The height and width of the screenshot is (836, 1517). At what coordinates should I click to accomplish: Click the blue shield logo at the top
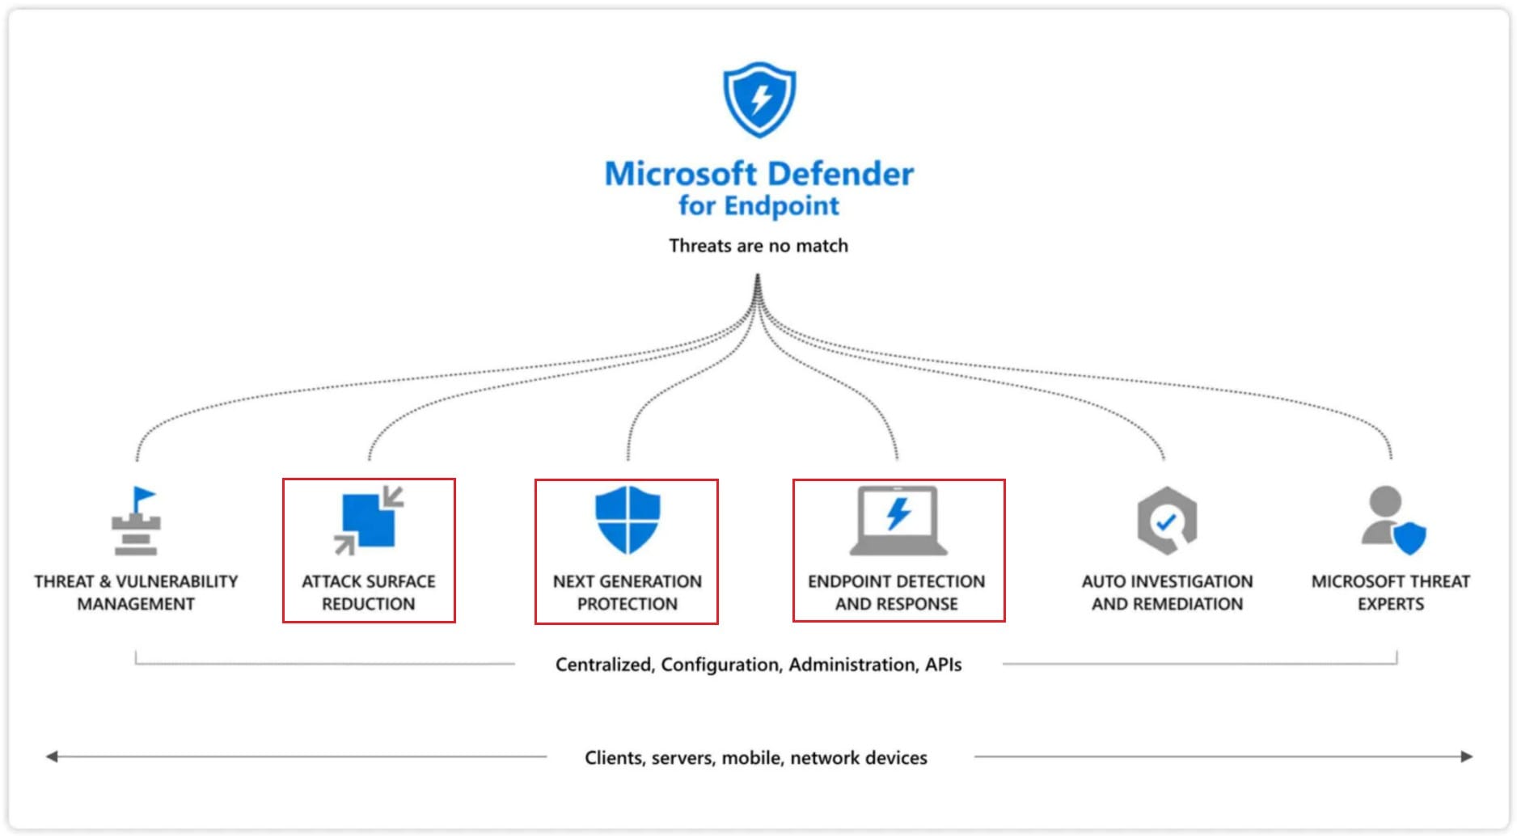pyautogui.click(x=758, y=99)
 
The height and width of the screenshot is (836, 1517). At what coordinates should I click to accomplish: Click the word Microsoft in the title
pyautogui.click(x=680, y=174)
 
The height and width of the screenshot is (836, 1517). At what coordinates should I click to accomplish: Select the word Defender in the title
pyautogui.click(x=840, y=174)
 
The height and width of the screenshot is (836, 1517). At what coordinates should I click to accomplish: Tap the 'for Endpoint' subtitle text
pyautogui.click(x=758, y=205)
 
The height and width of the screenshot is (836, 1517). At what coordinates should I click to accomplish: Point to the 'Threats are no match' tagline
pyautogui.click(x=758, y=246)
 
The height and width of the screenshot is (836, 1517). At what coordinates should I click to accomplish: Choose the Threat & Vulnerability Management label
pyautogui.click(x=136, y=593)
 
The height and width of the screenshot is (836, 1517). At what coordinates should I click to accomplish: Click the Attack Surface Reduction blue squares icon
pyautogui.click(x=369, y=520)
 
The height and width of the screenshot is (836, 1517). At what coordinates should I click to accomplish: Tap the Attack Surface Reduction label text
pyautogui.click(x=369, y=593)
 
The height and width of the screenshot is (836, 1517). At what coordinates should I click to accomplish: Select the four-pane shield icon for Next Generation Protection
pyautogui.click(x=628, y=519)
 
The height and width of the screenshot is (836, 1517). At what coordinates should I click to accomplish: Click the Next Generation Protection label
pyautogui.click(x=628, y=593)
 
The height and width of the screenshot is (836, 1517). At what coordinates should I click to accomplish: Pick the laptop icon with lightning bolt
pyautogui.click(x=898, y=520)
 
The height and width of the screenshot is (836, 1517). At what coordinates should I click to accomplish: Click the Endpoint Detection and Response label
pyautogui.click(x=896, y=593)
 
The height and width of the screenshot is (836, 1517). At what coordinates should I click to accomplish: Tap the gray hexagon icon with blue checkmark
pyautogui.click(x=1166, y=520)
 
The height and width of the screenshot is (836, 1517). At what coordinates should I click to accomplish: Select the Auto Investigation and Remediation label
pyautogui.click(x=1167, y=593)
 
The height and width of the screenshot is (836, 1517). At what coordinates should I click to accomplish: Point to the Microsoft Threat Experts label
pyautogui.click(x=1390, y=593)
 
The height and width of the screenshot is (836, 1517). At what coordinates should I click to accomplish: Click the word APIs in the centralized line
pyautogui.click(x=943, y=665)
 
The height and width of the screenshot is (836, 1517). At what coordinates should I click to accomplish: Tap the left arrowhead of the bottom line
pyautogui.click(x=52, y=757)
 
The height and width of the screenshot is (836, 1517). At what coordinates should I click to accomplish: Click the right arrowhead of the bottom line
pyautogui.click(x=1466, y=757)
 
